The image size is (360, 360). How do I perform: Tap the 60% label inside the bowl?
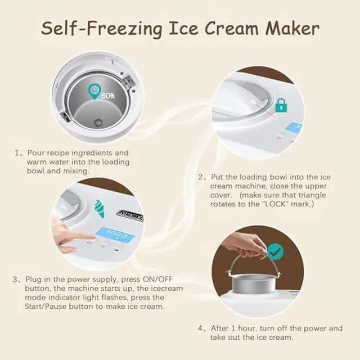click(x=107, y=96)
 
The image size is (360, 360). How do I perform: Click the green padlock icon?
click(x=281, y=105)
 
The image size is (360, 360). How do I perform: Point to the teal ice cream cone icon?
click(x=100, y=208)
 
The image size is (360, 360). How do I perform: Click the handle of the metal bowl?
click(x=260, y=264)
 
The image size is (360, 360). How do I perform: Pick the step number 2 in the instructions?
click(x=201, y=177)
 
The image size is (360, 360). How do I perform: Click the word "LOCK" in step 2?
click(x=280, y=203)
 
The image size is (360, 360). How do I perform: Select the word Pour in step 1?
click(x=35, y=153)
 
